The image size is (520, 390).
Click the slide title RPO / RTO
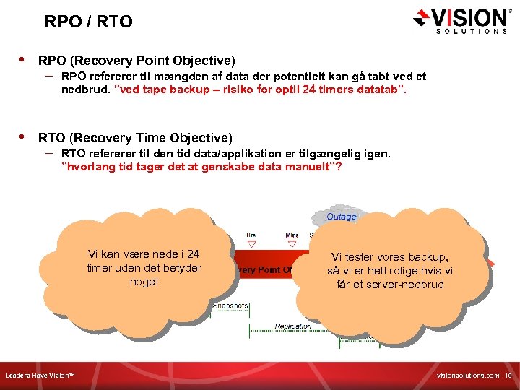click(88, 22)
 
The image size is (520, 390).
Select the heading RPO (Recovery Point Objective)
click(136, 60)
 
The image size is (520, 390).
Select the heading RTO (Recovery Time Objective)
click(135, 137)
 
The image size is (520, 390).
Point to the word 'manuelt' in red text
click(307, 168)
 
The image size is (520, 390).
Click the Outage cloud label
click(342, 216)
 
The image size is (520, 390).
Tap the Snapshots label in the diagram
click(230, 305)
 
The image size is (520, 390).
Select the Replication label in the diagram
click(293, 326)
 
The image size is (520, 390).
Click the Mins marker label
click(292, 235)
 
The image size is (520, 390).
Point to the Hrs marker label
click(251, 235)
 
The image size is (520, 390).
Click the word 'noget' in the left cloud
click(144, 282)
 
